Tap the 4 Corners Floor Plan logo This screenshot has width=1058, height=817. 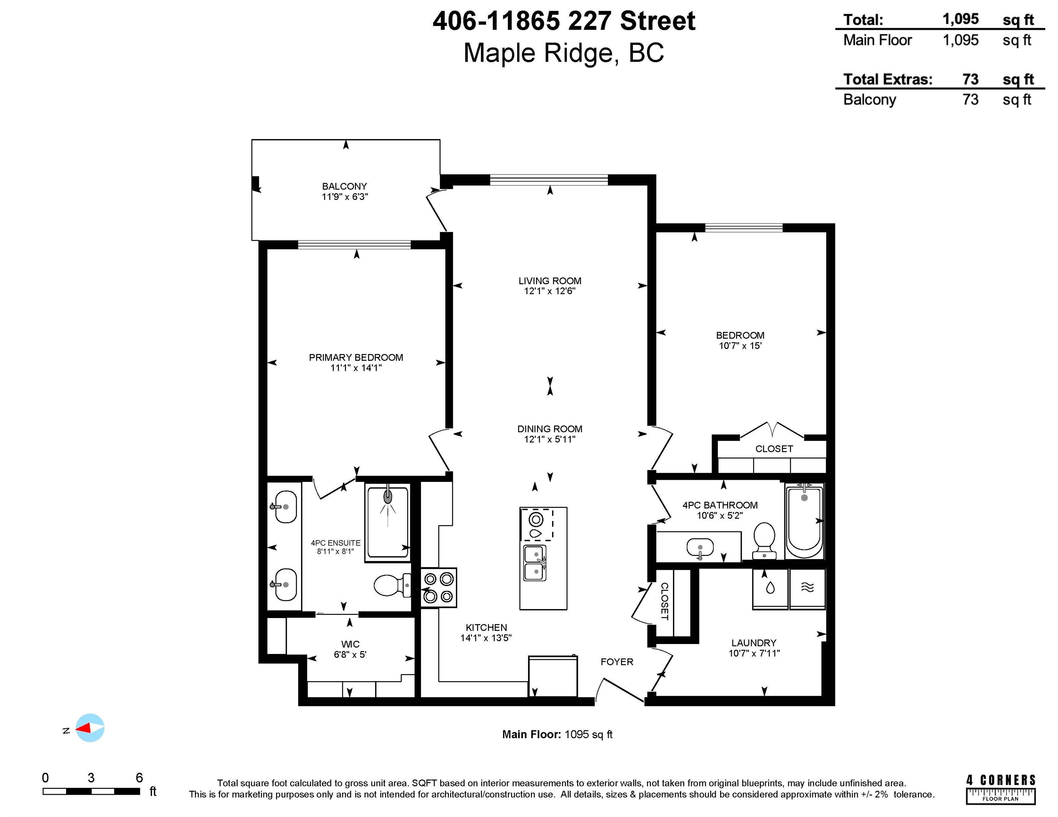tap(1001, 790)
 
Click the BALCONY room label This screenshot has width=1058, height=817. tap(344, 186)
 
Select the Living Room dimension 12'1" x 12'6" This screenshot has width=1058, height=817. tap(550, 291)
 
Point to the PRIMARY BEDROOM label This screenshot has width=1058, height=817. tap(356, 357)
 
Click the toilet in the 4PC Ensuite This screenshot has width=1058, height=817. tap(393, 585)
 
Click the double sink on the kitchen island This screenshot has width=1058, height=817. tap(535, 563)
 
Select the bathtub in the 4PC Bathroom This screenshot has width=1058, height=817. tap(804, 521)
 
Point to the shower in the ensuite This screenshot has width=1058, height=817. tap(388, 522)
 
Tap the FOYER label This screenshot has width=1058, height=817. tap(617, 662)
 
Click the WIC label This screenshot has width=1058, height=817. tap(350, 644)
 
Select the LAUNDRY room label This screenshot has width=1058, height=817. tap(754, 643)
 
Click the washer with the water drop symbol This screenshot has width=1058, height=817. tap(770, 588)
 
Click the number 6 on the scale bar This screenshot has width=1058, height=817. tap(139, 777)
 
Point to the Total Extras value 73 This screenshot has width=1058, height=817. tap(970, 79)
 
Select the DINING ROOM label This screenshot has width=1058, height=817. tap(550, 429)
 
